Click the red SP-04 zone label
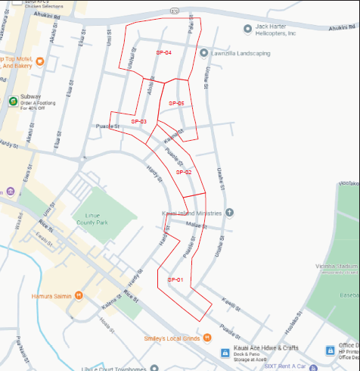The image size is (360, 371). click(164, 53)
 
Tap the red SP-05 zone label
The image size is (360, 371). click(176, 103)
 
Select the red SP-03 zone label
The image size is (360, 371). click(138, 121)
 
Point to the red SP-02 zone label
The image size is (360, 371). click(184, 172)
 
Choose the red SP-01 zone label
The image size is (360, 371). click(175, 280)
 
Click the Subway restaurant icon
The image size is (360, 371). click(13, 101)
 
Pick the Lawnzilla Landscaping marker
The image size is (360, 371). click(203, 53)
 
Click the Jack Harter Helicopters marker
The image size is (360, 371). click(247, 29)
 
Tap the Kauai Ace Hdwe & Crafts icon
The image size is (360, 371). click(225, 353)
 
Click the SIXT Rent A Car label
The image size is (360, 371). click(287, 366)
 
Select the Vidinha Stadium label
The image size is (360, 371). click(339, 267)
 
